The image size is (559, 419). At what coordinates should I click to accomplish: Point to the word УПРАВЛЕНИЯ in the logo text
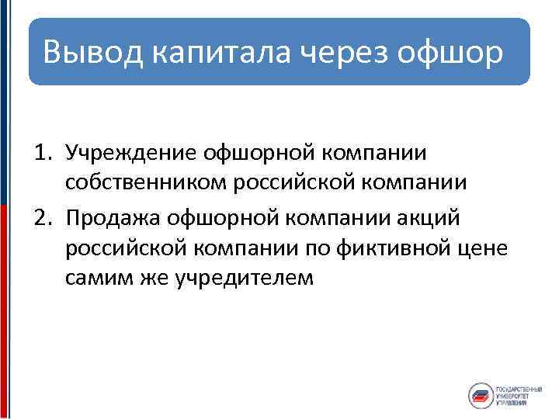click(512, 404)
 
